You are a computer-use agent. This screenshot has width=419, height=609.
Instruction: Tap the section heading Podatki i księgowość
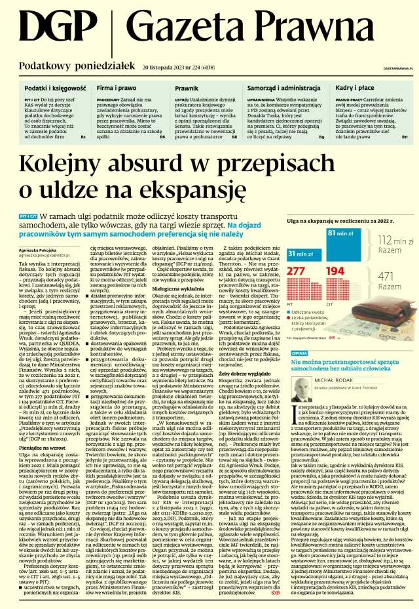(x=55, y=87)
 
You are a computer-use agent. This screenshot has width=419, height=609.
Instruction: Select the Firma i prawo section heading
(x=117, y=87)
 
